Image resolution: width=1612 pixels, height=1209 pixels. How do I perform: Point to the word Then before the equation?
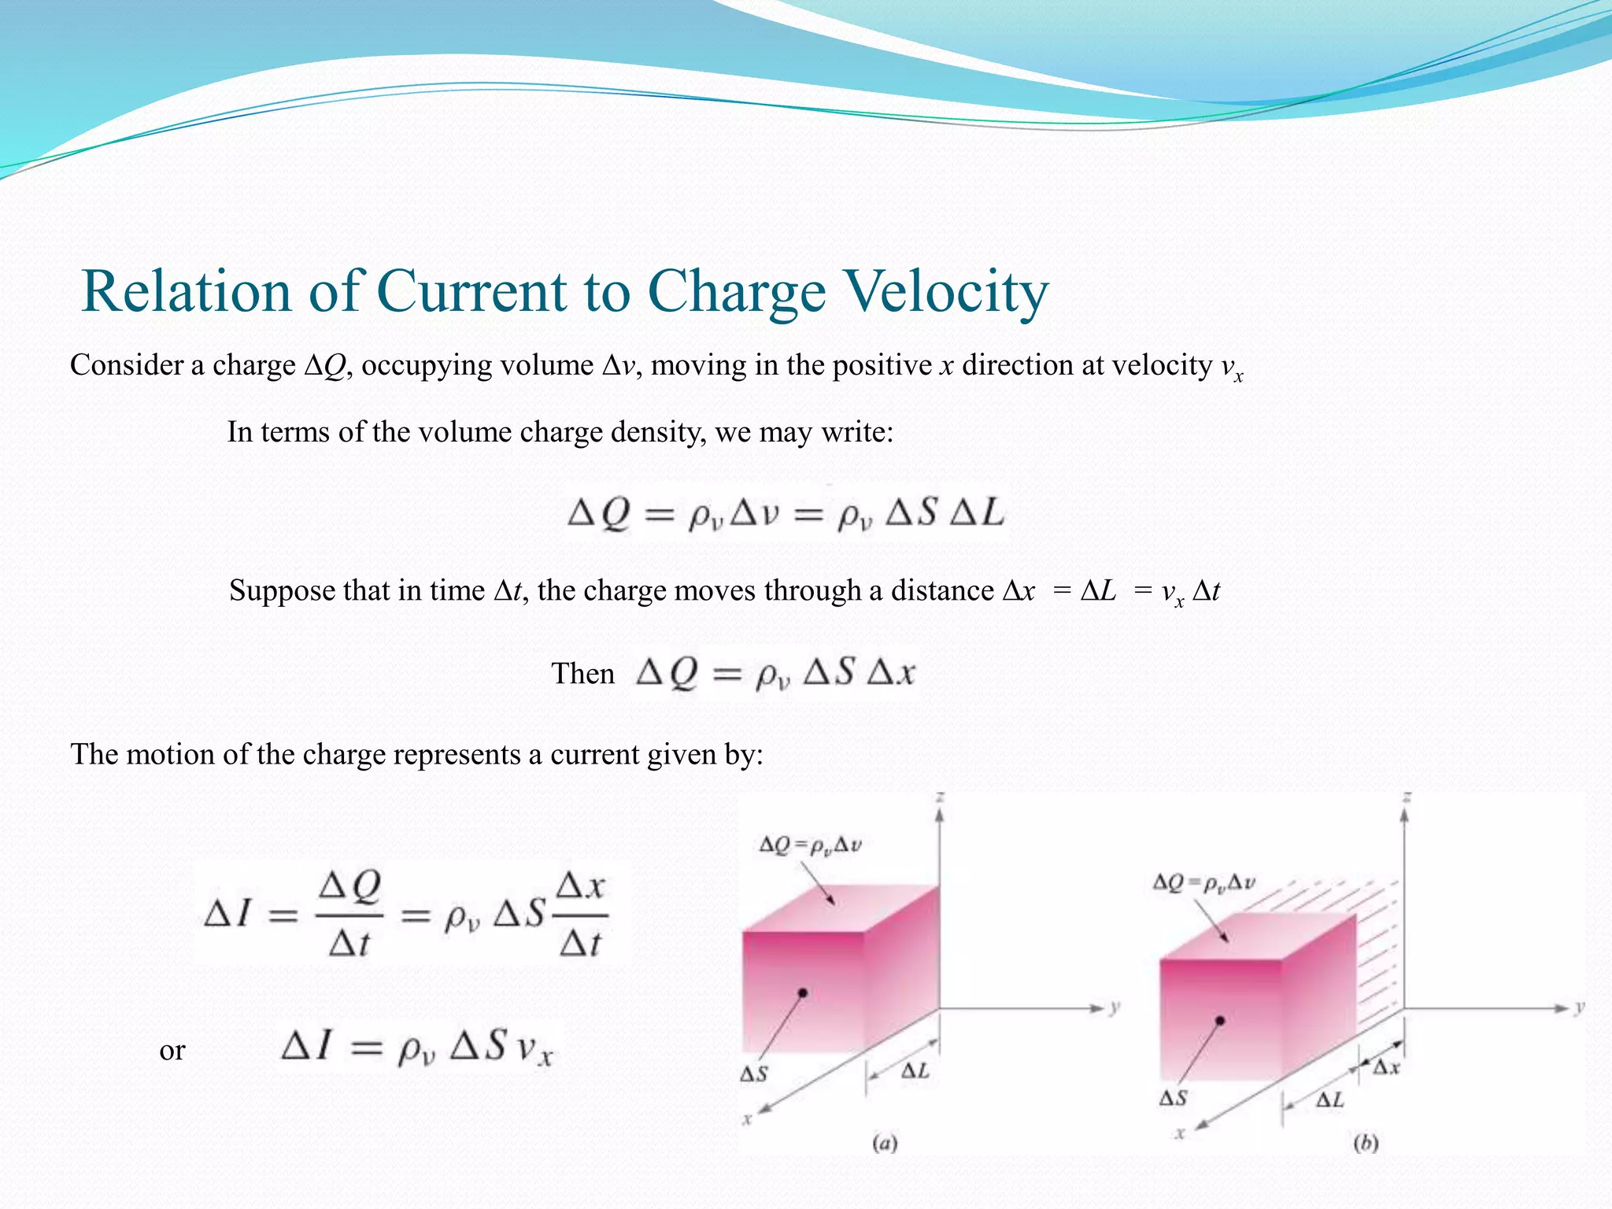click(x=582, y=674)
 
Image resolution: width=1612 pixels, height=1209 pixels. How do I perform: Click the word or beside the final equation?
click(x=172, y=1050)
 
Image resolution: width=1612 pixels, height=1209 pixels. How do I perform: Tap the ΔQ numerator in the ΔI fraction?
click(x=349, y=888)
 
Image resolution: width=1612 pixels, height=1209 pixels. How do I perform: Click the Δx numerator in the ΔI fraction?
click(x=580, y=886)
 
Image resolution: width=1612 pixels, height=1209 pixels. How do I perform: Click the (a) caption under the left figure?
click(x=885, y=1142)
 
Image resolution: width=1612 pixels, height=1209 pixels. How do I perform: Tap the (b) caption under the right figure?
click(x=1366, y=1142)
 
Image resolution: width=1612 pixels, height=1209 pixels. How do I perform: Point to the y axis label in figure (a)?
click(x=1115, y=1007)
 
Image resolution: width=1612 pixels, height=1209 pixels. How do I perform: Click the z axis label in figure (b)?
click(x=1407, y=798)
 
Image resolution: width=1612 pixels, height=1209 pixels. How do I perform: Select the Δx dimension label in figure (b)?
click(x=1387, y=1067)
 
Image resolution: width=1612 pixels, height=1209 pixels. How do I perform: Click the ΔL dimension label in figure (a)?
click(x=915, y=1070)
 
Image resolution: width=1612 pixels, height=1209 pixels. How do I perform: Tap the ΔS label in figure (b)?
click(x=1173, y=1097)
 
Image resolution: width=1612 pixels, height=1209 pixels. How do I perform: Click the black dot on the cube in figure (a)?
click(x=803, y=993)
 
